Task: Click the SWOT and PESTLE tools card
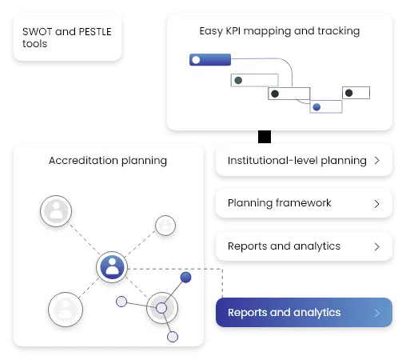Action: point(67,38)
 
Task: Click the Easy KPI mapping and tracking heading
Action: point(279,31)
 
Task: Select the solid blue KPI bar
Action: point(210,59)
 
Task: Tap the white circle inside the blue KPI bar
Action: point(196,59)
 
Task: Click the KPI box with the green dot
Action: point(254,80)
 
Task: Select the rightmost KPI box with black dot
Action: point(356,93)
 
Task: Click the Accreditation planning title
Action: point(108,160)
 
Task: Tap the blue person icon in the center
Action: point(113,267)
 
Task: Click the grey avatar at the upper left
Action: point(56,211)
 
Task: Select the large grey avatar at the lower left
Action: point(65,309)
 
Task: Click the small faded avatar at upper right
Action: point(165,226)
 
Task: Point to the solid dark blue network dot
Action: point(185,277)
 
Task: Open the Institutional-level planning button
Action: point(304,160)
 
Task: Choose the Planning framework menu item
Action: point(304,203)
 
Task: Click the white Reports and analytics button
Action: point(304,246)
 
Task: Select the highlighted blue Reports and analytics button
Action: point(304,313)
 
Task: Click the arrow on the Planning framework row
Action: point(376,203)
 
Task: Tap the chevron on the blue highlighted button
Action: point(376,313)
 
